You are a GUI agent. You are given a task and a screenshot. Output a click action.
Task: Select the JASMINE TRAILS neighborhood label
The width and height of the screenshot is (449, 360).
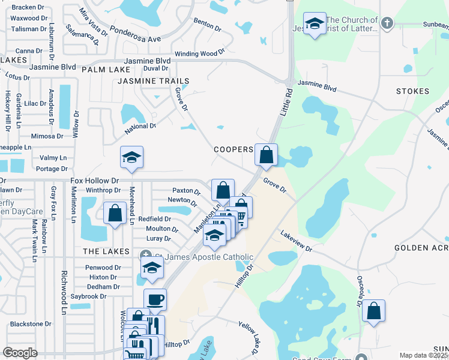(154, 81)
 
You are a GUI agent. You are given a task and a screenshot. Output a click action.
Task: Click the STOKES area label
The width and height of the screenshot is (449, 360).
(413, 91)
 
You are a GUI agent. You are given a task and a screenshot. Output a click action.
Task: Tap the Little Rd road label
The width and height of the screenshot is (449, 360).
(286, 103)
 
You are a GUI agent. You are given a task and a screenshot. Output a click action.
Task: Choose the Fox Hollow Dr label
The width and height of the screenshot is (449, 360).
(95, 181)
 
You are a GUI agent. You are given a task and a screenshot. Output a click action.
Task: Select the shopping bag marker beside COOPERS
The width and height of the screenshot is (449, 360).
(267, 155)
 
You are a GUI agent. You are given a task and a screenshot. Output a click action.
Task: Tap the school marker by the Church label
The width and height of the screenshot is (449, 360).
(315, 25)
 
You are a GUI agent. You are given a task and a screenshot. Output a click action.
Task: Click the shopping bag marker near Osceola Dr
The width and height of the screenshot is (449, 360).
(373, 311)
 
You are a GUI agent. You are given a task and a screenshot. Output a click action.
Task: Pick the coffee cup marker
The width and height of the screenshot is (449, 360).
(155, 299)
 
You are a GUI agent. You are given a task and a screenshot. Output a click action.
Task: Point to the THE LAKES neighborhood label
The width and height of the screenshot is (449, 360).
(106, 251)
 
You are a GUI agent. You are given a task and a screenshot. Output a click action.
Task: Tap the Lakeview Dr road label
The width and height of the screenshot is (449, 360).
(297, 241)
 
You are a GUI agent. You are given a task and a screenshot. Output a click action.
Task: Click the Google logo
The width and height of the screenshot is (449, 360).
(20, 353)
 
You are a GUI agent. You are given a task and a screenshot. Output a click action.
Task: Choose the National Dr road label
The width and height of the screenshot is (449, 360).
(140, 128)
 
